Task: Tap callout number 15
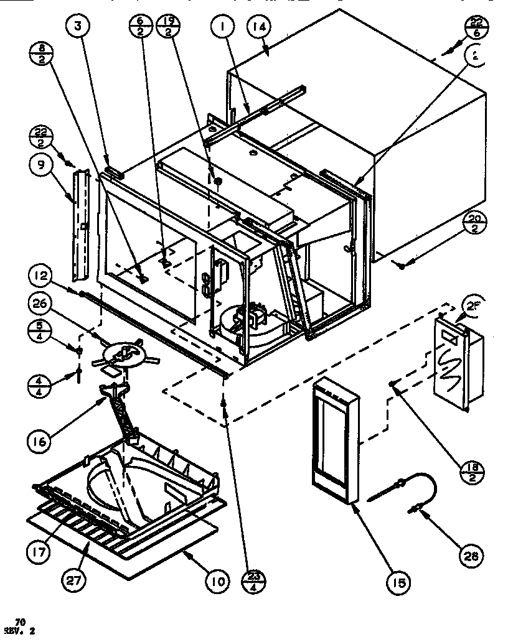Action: tap(398, 582)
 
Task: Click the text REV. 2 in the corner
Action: tap(23, 631)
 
